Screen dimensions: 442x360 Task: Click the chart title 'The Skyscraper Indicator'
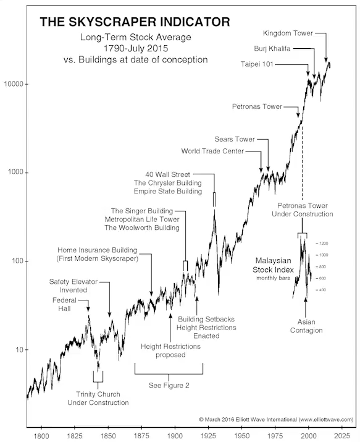[x=135, y=22]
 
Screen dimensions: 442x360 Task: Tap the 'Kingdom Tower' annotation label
[x=288, y=33]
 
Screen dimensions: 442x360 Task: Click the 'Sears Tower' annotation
[x=235, y=139]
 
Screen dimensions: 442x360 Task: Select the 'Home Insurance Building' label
[x=97, y=250]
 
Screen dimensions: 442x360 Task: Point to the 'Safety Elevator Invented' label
[x=73, y=286]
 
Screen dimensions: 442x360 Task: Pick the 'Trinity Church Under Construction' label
[x=98, y=398]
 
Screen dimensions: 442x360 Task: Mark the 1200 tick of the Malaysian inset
[x=324, y=243]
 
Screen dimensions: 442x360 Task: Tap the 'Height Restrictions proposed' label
[x=170, y=351]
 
